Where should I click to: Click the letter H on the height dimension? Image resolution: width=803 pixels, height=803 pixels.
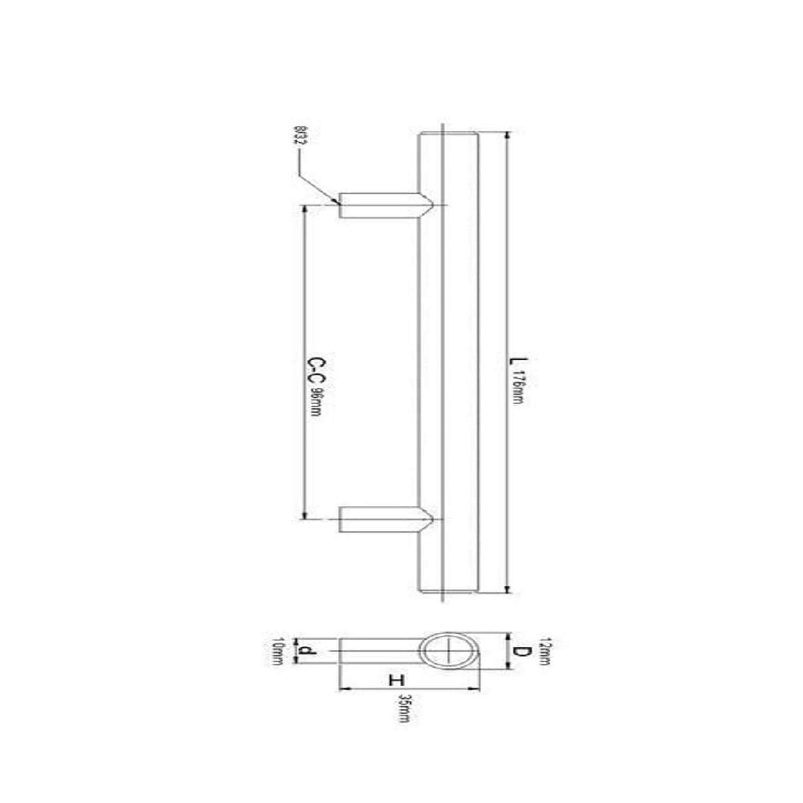[x=397, y=680]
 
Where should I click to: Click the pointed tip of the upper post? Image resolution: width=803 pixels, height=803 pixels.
[x=431, y=205]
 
